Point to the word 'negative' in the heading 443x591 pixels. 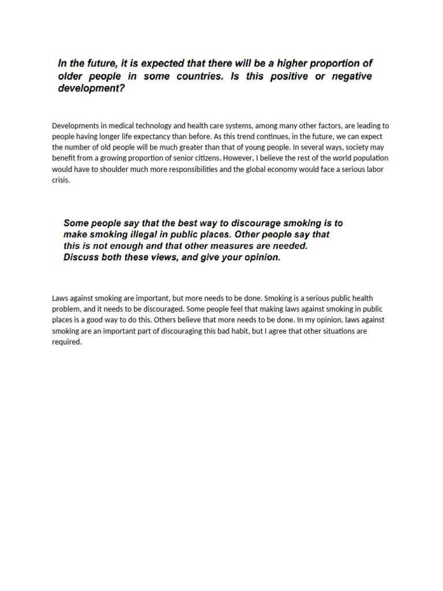coord(351,77)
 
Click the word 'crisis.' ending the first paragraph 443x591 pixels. coord(61,180)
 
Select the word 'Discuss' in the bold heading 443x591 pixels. coord(81,258)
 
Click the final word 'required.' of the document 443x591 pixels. coord(67,342)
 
